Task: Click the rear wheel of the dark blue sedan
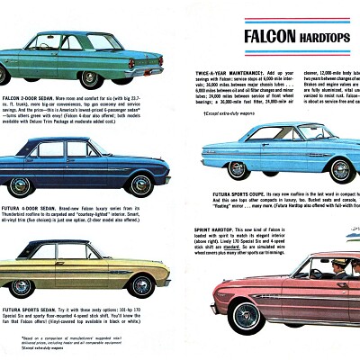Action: (x=141, y=184)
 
